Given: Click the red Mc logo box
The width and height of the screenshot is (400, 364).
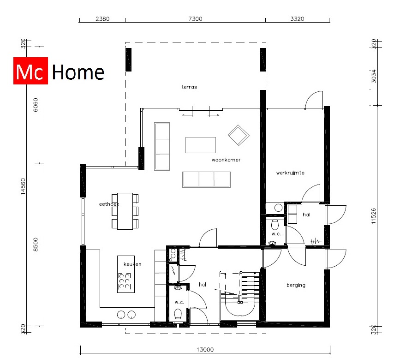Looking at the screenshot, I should point(30,72).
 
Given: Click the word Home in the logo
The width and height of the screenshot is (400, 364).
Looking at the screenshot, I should point(78,72).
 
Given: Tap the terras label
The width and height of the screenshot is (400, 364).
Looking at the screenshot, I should point(189,87).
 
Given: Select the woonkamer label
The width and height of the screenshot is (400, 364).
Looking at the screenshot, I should point(226,160).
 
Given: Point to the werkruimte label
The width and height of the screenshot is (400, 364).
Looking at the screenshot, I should point(290,173).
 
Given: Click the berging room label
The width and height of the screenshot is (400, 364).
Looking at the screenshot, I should point(296,285).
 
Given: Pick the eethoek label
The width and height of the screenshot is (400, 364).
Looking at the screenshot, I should point(109,203).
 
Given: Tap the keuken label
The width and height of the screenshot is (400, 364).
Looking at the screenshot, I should point(132,264).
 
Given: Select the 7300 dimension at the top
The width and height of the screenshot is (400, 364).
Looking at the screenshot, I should point(195,19).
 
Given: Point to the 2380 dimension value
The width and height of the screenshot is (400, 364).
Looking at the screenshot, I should point(102,19).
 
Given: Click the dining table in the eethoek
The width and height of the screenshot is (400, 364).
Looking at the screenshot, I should point(125,211).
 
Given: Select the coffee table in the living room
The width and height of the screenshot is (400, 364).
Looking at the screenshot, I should point(201,145).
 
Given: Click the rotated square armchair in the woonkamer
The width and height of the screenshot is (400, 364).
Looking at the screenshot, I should point(239,135).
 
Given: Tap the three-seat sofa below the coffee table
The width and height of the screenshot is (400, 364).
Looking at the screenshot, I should point(206,179).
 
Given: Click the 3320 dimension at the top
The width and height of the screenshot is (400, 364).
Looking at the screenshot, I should point(298,19).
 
